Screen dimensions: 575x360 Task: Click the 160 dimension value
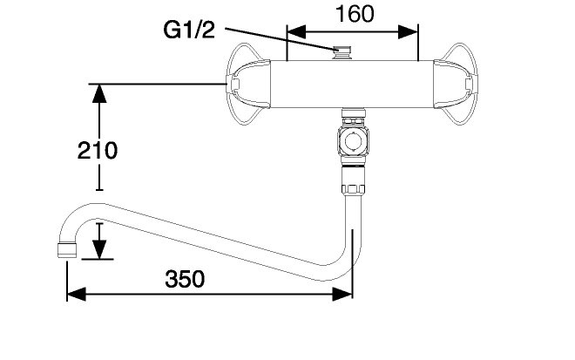(x=355, y=14)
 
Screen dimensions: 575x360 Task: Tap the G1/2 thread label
(x=189, y=30)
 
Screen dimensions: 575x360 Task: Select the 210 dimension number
(x=98, y=151)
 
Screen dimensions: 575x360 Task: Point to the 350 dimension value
(x=185, y=279)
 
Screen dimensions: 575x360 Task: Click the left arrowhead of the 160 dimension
(x=296, y=32)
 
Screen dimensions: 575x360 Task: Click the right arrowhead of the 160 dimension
(x=408, y=32)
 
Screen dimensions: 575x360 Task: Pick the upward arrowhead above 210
(x=99, y=93)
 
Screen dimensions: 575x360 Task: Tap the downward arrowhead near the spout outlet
(x=99, y=249)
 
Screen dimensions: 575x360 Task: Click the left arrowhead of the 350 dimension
(x=77, y=294)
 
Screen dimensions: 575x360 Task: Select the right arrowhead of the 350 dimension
(x=342, y=294)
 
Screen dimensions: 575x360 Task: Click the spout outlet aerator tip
(x=67, y=250)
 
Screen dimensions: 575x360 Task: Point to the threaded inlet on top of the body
(x=342, y=53)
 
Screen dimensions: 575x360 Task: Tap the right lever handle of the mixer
(x=456, y=84)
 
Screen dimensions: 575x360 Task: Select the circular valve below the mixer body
(x=353, y=140)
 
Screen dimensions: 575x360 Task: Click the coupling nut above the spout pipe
(x=353, y=180)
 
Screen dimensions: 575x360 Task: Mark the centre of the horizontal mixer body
(x=352, y=84)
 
